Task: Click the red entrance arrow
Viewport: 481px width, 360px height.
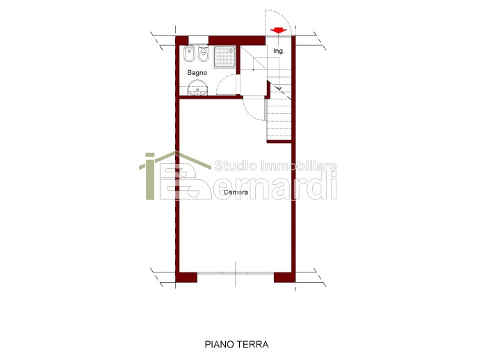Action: [279, 31]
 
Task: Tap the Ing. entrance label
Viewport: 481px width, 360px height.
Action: [279, 51]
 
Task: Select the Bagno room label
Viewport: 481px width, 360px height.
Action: [197, 73]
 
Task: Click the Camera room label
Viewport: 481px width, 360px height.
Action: [236, 193]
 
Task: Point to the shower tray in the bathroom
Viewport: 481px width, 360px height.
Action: [225, 56]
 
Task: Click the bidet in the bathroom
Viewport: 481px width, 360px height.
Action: [189, 54]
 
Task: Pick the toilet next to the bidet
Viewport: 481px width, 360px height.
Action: [203, 54]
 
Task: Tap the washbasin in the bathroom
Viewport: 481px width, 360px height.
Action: [197, 88]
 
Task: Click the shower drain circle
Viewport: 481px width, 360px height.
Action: [225, 56]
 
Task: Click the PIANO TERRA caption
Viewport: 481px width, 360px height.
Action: [236, 344]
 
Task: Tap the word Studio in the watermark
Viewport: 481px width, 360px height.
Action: [235, 165]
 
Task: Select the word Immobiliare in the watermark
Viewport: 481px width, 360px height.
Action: [298, 165]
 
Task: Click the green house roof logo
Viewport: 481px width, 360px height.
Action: [175, 159]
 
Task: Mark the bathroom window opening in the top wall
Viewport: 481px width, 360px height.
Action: [199, 40]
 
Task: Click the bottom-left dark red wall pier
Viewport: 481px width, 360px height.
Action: [186, 277]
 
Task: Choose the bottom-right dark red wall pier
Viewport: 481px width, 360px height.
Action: [284, 277]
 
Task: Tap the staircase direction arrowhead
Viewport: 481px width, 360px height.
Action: [279, 89]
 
